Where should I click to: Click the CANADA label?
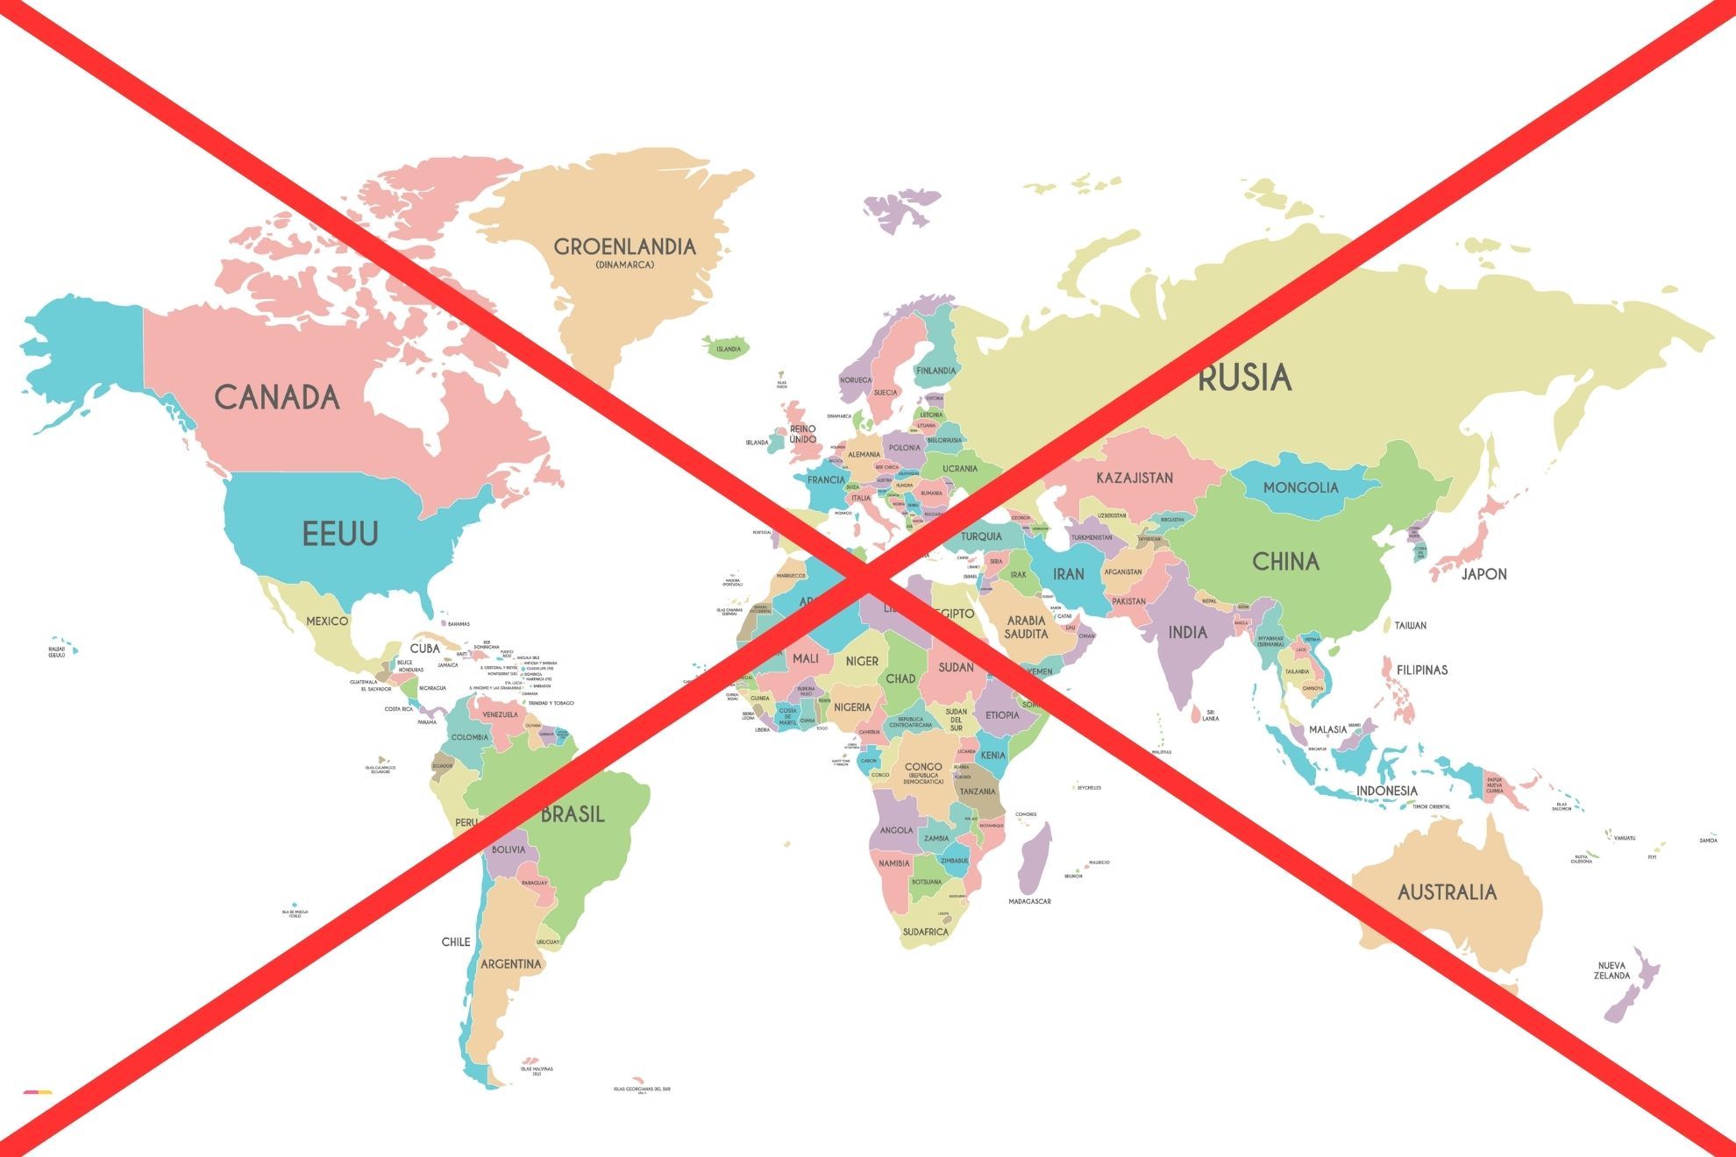[x=277, y=397]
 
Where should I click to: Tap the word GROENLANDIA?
[x=624, y=246]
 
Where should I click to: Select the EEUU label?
[x=340, y=533]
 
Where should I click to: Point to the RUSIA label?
[x=1245, y=378]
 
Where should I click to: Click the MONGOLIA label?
[x=1301, y=487]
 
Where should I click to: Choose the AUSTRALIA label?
[x=1447, y=892]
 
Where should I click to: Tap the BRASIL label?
[x=573, y=814]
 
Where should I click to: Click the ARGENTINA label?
[x=511, y=964]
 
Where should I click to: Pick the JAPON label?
[x=1483, y=574]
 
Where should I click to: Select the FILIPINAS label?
[x=1422, y=670]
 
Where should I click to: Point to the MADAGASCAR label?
[x=1029, y=901]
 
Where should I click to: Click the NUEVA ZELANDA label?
[x=1611, y=970]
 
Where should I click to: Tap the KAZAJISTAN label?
[x=1135, y=478]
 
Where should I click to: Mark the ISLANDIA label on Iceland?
[x=729, y=349]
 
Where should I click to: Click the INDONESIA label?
[x=1386, y=791]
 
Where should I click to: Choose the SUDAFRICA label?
[x=926, y=932]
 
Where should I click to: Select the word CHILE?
[x=456, y=941]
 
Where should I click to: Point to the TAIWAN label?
[x=1411, y=625]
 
